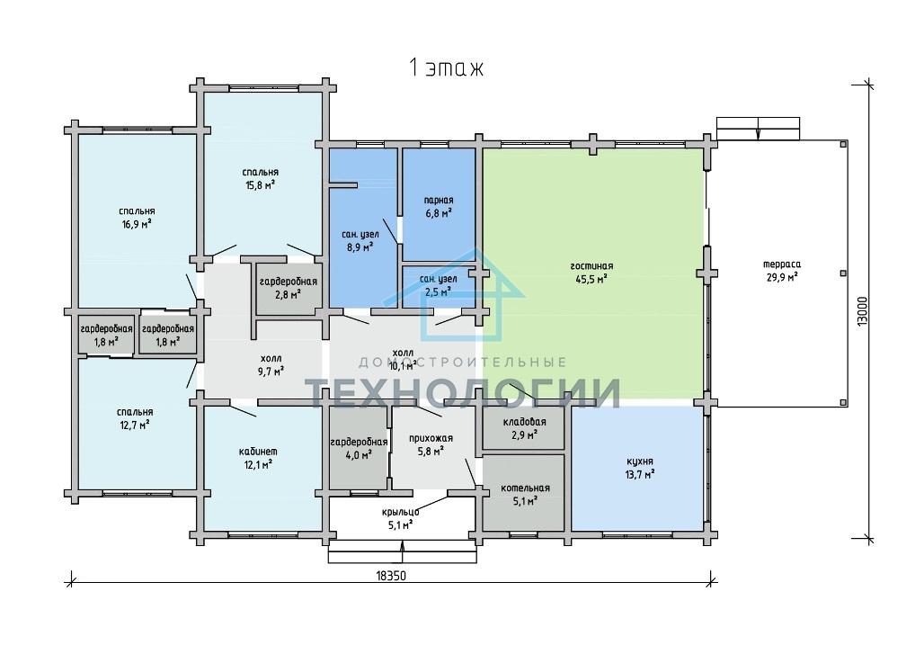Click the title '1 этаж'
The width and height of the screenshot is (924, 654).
point(446,67)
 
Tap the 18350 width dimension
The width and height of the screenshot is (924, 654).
point(390,576)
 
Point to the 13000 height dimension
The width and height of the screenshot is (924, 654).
point(863,310)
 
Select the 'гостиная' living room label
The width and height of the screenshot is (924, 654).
point(591,266)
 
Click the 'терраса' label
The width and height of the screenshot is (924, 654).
point(782,264)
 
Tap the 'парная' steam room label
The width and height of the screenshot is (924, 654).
point(439,201)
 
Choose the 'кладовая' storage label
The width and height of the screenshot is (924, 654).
point(524,422)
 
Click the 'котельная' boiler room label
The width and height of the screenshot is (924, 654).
point(525,488)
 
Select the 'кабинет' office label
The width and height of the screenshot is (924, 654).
point(258,452)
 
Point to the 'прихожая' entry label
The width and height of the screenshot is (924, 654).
point(431,438)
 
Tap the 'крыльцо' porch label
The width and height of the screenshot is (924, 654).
point(400,512)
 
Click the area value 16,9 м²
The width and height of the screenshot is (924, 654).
point(137,224)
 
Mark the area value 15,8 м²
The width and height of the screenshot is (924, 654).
point(260,185)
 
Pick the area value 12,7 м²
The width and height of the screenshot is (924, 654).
point(134,426)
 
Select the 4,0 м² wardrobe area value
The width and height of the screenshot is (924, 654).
point(359,454)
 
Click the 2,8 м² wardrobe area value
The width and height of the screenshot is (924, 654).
point(289,294)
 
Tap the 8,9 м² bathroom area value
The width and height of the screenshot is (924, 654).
point(360,247)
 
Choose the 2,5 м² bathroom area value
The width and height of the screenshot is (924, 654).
point(438,291)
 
